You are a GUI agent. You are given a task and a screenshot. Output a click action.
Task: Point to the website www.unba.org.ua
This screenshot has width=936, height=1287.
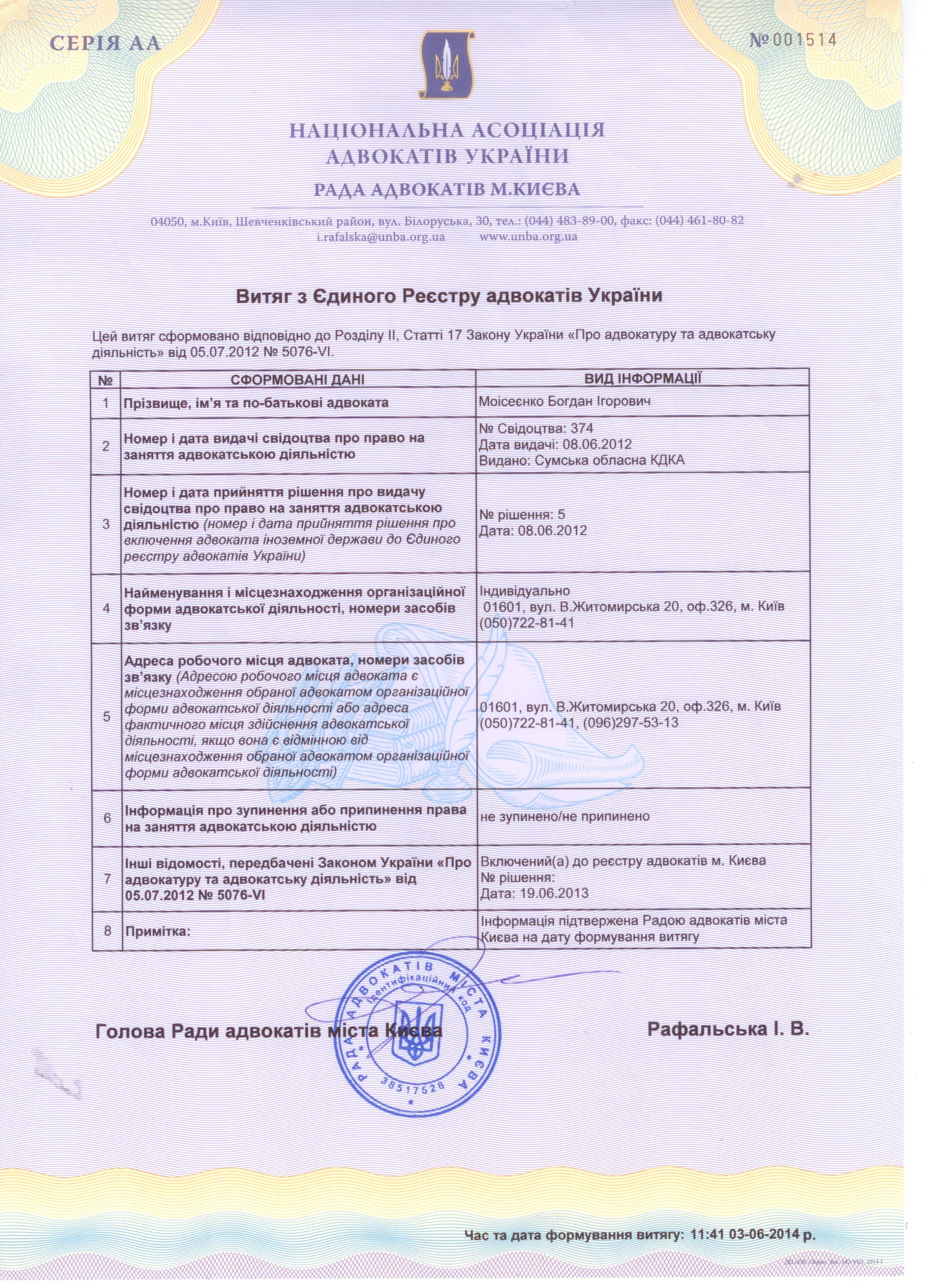[x=529, y=237]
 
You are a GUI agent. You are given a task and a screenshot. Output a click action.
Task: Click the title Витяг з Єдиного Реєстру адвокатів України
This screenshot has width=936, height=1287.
[x=449, y=296]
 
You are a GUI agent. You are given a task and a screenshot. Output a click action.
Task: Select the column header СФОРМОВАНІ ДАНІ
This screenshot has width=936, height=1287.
[x=298, y=379]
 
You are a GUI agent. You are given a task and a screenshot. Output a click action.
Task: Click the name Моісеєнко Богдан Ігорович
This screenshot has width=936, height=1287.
[x=565, y=402]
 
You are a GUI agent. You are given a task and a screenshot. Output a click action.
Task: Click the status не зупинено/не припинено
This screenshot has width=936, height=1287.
[x=564, y=816]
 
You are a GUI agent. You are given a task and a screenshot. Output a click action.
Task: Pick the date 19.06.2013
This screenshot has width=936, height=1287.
[x=551, y=893]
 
